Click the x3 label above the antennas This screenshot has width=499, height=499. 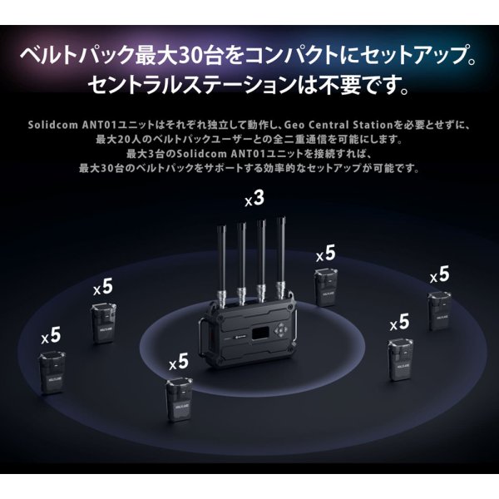[254, 199]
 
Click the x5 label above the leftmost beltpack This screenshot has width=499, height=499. [51, 335]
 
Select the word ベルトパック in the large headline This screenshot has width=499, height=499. [72, 59]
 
